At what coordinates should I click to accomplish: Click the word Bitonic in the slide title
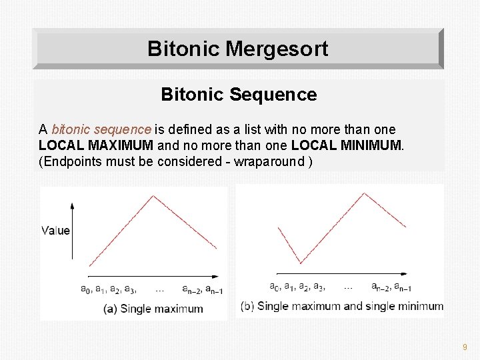184,49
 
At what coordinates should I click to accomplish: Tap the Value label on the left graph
55,231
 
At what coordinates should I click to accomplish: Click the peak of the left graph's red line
154,195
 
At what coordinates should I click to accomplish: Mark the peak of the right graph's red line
364,193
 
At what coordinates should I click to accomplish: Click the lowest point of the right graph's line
300,263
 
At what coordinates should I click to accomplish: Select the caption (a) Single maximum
153,309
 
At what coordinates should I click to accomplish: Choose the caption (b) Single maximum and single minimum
342,306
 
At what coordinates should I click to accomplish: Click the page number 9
465,347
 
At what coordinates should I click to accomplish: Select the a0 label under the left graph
85,289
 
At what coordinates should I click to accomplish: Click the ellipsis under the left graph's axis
160,289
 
